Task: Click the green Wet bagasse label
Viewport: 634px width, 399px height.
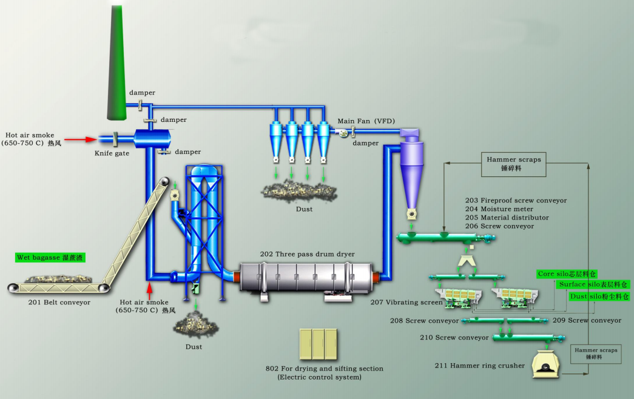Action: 50,257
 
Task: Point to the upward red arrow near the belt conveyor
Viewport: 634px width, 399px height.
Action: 149,287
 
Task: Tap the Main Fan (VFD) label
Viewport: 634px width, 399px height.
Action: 366,121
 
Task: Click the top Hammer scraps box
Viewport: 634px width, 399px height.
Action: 513,164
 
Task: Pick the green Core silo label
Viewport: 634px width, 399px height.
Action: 567,274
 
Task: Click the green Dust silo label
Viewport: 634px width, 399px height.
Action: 599,297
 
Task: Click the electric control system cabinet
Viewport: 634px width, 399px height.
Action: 318,344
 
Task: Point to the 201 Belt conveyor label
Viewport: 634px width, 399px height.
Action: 59,301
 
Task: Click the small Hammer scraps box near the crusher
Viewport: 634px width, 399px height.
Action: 596,354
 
